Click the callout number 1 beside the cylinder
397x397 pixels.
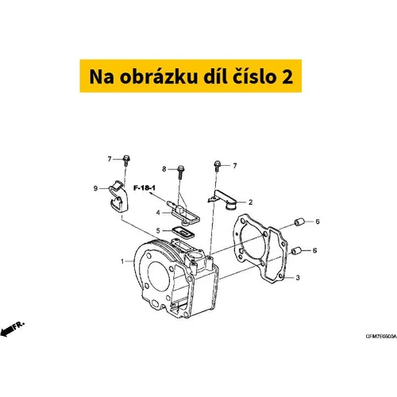122,261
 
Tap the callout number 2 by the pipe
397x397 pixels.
251,202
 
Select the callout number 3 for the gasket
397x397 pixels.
298,278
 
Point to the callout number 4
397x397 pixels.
158,213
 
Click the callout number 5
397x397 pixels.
158,230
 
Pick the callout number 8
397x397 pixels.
164,169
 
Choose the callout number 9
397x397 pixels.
95,188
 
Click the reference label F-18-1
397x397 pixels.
145,188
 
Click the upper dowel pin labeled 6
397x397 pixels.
299,222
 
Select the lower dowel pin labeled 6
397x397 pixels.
296,250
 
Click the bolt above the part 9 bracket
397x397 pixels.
126,160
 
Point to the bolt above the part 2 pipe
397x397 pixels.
218,166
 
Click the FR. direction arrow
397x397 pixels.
12,329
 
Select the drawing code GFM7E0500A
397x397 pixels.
381,337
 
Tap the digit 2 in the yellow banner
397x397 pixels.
287,77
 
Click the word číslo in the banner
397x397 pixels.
254,76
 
